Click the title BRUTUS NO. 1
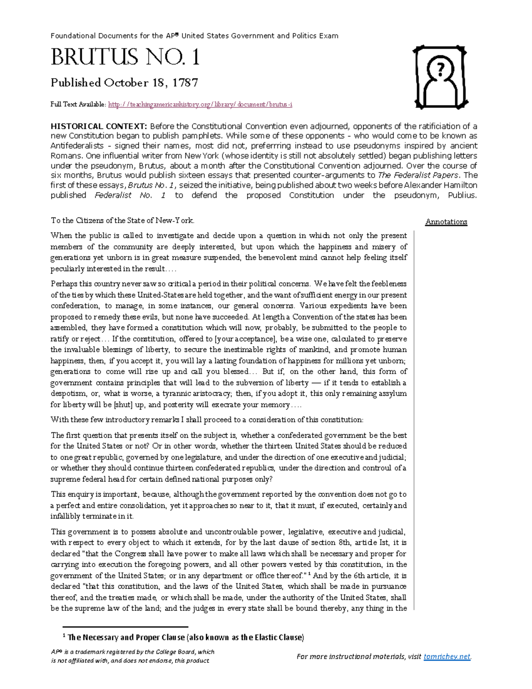coord(125,58)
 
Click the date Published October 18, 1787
coord(124,83)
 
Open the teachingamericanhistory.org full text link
coord(200,105)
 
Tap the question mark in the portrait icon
coord(440,69)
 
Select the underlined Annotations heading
coord(446,222)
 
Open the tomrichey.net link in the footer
coord(447,657)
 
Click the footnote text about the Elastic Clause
coord(185,638)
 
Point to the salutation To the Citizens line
coord(122,220)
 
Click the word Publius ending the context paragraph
coord(462,195)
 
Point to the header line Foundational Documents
coord(194,36)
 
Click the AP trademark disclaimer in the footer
coord(132,656)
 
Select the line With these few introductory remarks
coord(207,420)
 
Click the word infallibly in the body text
coord(65,516)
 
